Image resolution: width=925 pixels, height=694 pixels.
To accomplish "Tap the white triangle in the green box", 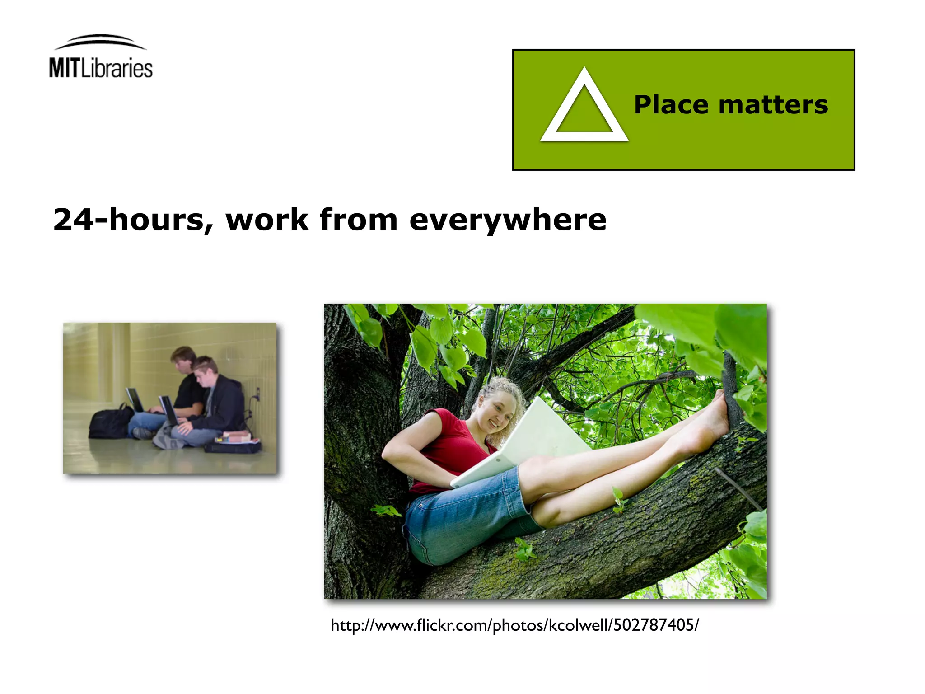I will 584,108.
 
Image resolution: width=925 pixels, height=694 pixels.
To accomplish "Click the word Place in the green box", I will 672,105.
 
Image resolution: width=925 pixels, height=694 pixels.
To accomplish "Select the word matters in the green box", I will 773,105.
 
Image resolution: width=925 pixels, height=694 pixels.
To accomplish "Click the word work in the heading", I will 267,220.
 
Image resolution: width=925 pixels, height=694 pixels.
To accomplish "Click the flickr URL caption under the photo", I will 514,625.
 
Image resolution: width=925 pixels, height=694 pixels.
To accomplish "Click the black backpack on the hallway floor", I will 110,423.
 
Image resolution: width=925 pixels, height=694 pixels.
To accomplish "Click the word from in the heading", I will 359,220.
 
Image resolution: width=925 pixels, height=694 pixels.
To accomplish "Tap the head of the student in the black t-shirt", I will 182,359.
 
